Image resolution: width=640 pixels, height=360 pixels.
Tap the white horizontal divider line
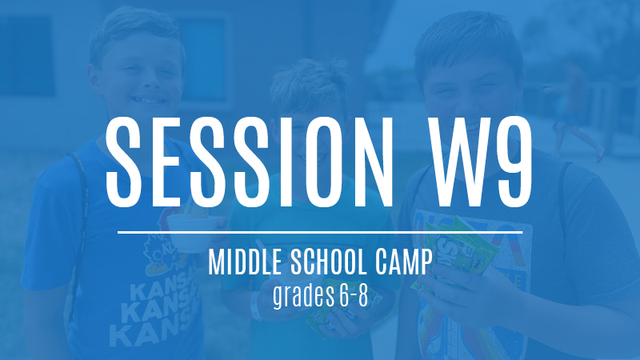[x=320, y=232]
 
